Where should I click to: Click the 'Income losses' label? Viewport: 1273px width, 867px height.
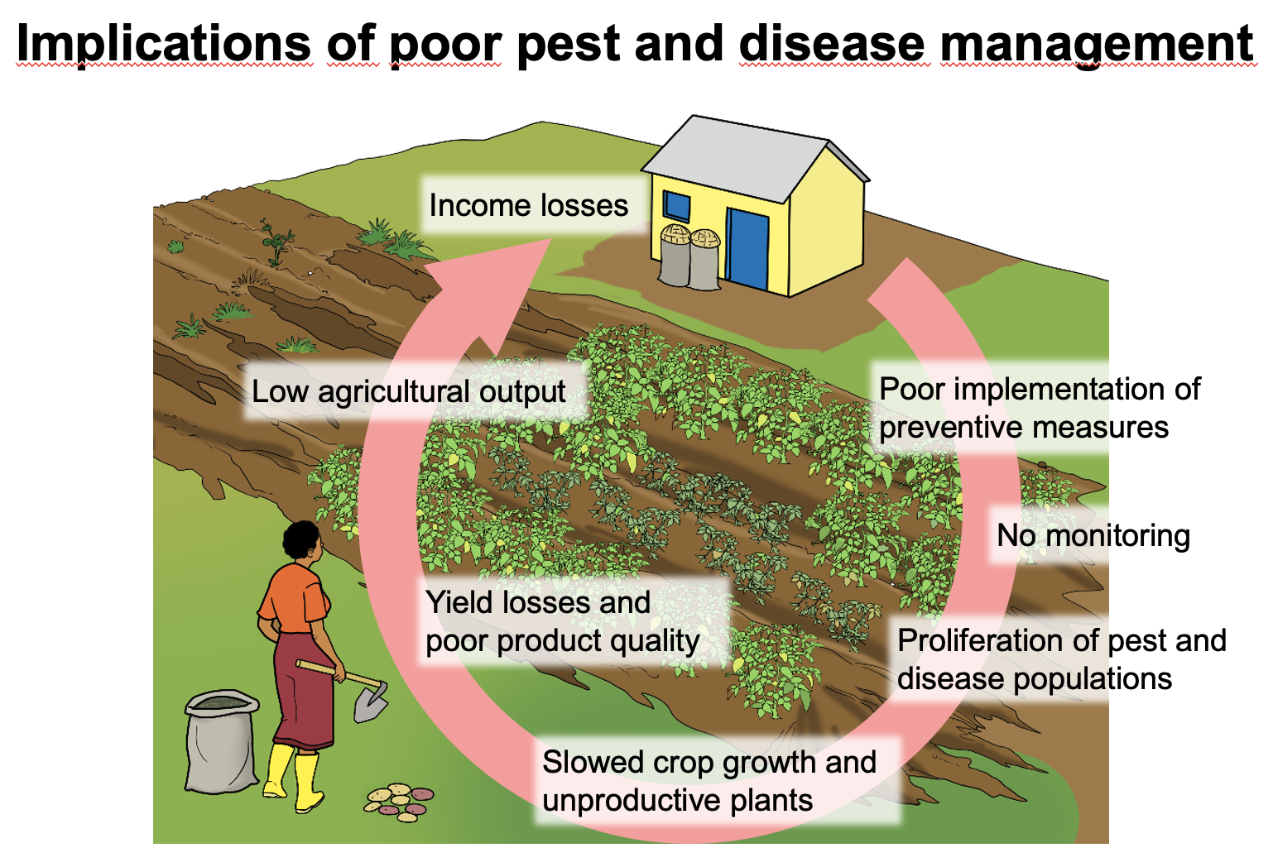pyautogui.click(x=528, y=205)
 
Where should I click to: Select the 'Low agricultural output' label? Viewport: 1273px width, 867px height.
pyautogui.click(x=409, y=391)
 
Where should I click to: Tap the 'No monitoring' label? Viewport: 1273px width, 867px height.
pyautogui.click(x=1093, y=536)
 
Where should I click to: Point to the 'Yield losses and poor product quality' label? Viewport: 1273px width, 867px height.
pyautogui.click(x=562, y=621)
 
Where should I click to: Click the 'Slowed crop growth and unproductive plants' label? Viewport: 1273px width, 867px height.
pyautogui.click(x=709, y=781)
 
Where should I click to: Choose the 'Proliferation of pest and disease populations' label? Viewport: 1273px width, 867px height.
pyautogui.click(x=1061, y=659)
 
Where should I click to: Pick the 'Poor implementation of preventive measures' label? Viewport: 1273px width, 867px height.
pyautogui.click(x=1039, y=408)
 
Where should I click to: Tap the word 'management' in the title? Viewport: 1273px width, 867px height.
pyautogui.click(x=1097, y=43)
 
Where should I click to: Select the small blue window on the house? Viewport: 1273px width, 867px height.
pyautogui.click(x=676, y=206)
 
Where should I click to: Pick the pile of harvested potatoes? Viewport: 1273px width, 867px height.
pyautogui.click(x=400, y=801)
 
